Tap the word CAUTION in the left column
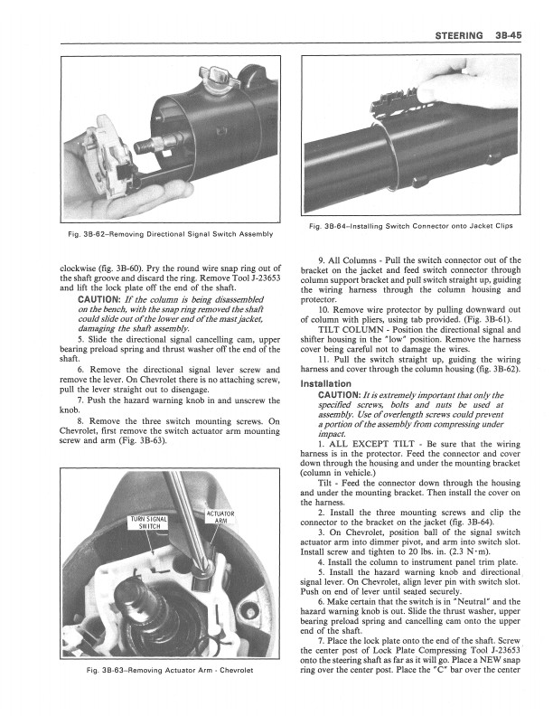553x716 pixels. click(x=104, y=299)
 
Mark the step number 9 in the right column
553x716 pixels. click(x=312, y=260)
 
